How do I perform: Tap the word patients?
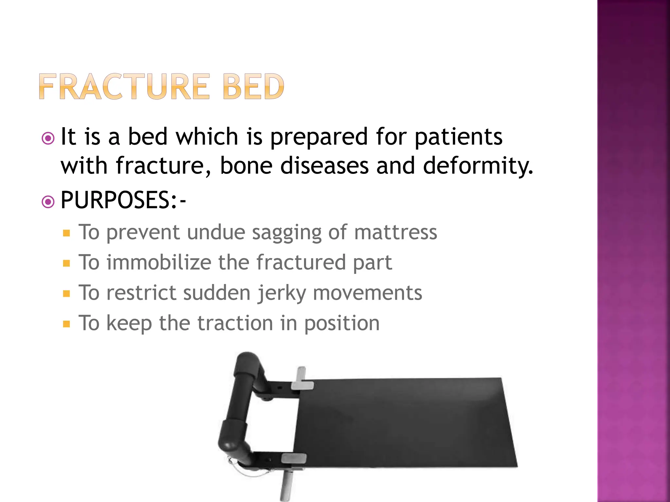(x=459, y=137)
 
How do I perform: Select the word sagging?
(x=287, y=233)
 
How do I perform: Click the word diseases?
(x=325, y=165)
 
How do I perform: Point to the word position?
(x=342, y=324)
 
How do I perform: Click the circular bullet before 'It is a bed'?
(x=48, y=138)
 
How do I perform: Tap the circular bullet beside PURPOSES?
(x=48, y=202)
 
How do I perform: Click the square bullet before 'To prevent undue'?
(x=67, y=233)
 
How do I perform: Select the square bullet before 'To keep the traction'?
(x=67, y=324)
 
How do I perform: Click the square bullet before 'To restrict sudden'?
(x=67, y=293)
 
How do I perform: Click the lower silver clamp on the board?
(x=293, y=458)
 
